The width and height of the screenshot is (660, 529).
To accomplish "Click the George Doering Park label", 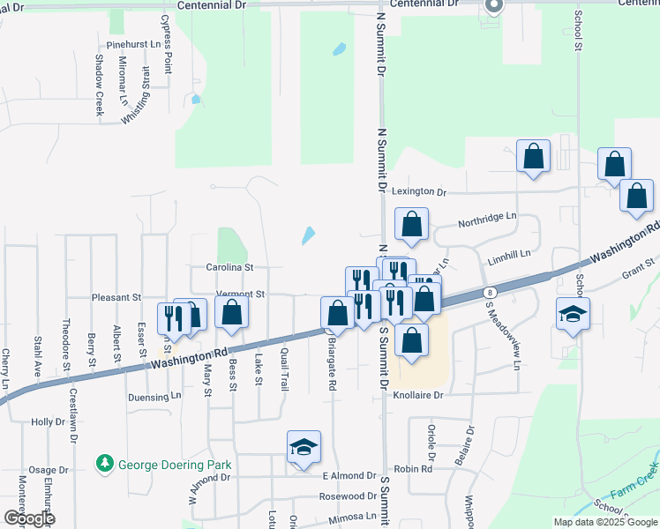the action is pos(175,464).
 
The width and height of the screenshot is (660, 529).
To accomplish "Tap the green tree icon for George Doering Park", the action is pos(105,463).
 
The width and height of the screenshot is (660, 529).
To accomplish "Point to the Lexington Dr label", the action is pos(419,191).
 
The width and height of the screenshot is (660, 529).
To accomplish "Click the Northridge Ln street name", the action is pos(486,216).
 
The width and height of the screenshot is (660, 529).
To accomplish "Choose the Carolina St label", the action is pos(229,266).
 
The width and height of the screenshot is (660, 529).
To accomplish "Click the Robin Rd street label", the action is pos(413,469).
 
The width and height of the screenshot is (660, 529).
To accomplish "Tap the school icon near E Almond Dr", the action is pos(303,448).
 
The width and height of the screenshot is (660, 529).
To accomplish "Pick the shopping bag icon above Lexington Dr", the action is pos(533,157).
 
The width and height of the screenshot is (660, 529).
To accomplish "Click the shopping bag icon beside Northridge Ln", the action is pos(411,225).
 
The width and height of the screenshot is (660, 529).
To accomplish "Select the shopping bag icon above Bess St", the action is pos(231,313).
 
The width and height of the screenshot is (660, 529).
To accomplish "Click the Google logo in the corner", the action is pos(28,518).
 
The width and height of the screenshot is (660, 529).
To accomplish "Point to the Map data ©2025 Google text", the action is pos(605,522).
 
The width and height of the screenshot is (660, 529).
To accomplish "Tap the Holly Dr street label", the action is pos(42,422).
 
